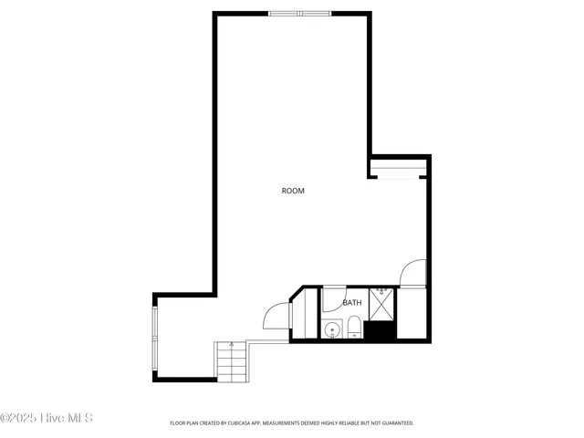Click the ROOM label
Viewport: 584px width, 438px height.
click(x=293, y=191)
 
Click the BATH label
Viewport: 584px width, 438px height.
click(x=352, y=302)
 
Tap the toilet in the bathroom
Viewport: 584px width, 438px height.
click(x=353, y=328)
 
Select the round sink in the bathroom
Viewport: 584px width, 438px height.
click(x=330, y=330)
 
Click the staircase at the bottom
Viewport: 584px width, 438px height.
click(x=231, y=361)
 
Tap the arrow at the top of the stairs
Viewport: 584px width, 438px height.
click(x=232, y=345)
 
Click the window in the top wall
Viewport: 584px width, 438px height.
click(x=299, y=14)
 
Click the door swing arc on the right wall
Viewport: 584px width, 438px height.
click(x=414, y=273)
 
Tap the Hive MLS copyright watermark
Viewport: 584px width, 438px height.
click(x=47, y=418)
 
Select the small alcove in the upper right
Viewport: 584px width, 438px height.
click(x=399, y=166)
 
